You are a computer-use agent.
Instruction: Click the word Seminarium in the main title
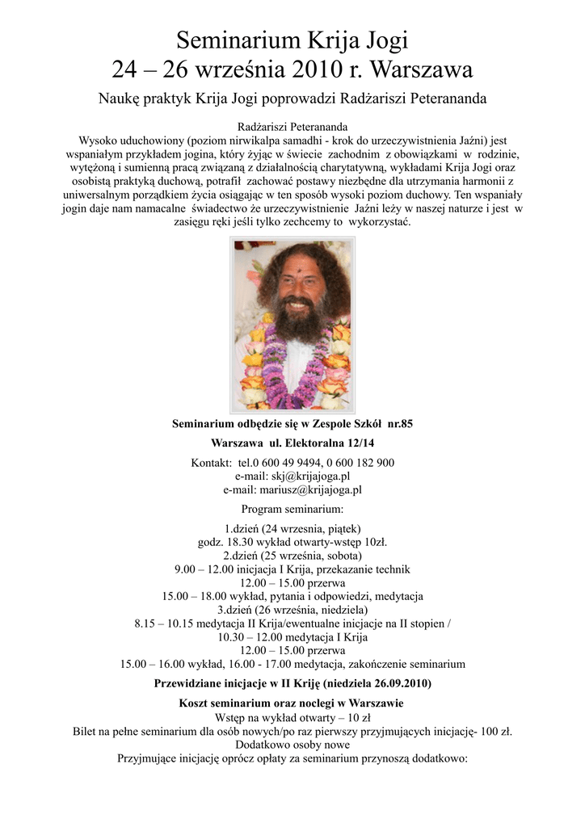point(239,40)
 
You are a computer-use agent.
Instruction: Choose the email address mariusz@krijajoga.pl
point(310,489)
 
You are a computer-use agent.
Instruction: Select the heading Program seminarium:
point(292,509)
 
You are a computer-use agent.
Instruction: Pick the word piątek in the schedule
point(342,529)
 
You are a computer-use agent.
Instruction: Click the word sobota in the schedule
point(343,556)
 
